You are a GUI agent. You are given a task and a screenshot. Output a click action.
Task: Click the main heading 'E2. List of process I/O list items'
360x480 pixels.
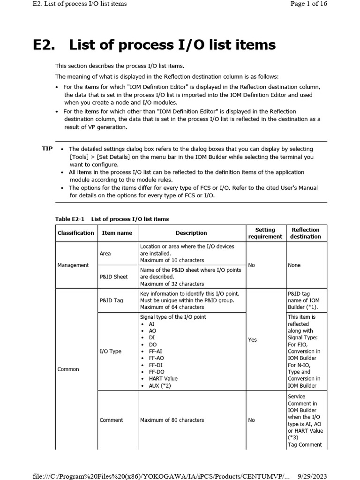(154, 45)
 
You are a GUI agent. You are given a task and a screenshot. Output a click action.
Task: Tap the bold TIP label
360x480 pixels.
(47, 148)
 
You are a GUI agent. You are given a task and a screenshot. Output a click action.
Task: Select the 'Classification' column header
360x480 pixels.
(75, 233)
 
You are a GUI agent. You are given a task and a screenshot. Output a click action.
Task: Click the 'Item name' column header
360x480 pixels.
(117, 233)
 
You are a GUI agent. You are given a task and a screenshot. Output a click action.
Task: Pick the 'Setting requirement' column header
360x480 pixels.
(265, 233)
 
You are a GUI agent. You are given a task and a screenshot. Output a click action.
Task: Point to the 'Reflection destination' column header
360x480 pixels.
(306, 233)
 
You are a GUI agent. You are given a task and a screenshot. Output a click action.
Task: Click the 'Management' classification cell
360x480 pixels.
(73, 265)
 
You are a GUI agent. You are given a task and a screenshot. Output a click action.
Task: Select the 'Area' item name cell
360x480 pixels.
(105, 254)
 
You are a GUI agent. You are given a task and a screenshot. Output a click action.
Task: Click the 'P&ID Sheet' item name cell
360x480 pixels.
(113, 277)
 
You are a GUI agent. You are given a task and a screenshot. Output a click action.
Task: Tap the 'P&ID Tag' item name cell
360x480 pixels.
(112, 300)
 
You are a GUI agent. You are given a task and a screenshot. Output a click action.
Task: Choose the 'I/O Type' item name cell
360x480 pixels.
(111, 351)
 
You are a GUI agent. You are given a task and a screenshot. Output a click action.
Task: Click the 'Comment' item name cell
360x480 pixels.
(112, 420)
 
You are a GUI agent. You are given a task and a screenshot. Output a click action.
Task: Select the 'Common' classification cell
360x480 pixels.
(68, 369)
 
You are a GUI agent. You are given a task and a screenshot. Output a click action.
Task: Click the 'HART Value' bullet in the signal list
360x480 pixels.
(163, 378)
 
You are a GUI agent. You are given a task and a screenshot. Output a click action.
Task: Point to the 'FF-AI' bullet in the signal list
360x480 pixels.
(156, 351)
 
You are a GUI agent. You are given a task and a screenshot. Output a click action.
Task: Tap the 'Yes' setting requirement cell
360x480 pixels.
(253, 340)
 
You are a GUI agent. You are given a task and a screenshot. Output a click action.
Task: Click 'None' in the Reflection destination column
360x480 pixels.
(294, 265)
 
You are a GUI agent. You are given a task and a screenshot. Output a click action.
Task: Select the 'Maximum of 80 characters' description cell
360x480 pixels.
(172, 420)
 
